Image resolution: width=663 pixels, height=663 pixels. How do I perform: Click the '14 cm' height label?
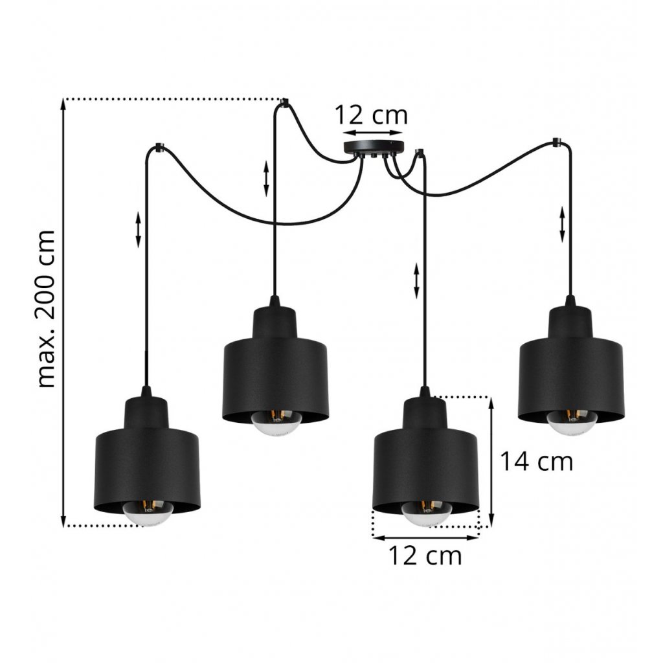coord(536,461)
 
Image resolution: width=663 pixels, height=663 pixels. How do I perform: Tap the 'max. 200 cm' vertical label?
coord(46,309)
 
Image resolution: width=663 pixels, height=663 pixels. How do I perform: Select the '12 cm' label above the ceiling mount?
coord(371,115)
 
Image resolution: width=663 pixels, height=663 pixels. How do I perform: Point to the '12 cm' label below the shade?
coord(425,556)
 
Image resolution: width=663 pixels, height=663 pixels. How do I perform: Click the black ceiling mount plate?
coord(374,148)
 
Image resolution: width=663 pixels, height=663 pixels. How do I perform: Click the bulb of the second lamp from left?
coord(276,420)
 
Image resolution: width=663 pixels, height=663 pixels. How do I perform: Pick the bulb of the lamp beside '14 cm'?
coord(427,513)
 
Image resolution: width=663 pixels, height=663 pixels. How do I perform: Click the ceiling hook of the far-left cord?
coord(159,147)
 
